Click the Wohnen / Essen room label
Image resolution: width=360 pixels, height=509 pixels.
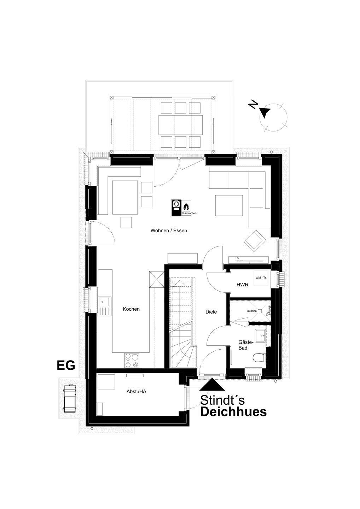169,230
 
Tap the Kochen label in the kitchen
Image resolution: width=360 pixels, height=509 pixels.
131,309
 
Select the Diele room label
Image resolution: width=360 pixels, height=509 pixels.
211,312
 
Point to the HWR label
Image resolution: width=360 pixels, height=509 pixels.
243,285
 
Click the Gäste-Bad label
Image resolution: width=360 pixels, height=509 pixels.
243,345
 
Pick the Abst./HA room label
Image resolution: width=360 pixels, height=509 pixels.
137,392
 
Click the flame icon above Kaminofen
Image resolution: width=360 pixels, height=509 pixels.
186,206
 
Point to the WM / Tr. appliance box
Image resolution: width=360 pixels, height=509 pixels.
261,278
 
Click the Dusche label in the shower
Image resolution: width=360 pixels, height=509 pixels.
251,311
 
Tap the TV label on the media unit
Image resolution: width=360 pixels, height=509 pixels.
237,258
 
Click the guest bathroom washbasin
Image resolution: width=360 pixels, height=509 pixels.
261,335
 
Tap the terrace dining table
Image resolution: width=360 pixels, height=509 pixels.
180,125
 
